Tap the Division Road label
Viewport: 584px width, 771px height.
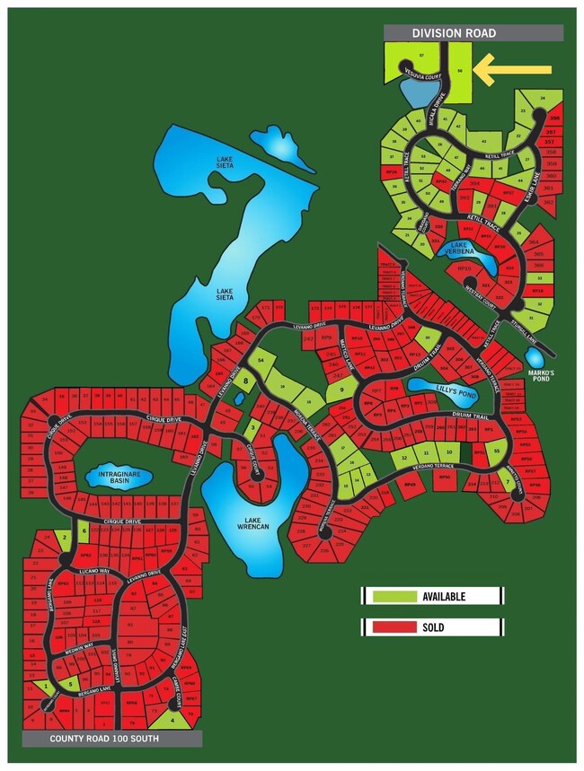click(455, 33)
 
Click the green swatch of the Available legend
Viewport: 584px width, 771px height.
click(393, 595)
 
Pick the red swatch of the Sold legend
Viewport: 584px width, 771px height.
click(393, 627)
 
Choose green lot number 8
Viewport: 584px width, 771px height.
click(243, 381)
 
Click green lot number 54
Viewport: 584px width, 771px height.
click(261, 360)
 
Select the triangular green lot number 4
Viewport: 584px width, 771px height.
click(173, 718)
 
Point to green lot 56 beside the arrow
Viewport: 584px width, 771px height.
click(460, 70)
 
